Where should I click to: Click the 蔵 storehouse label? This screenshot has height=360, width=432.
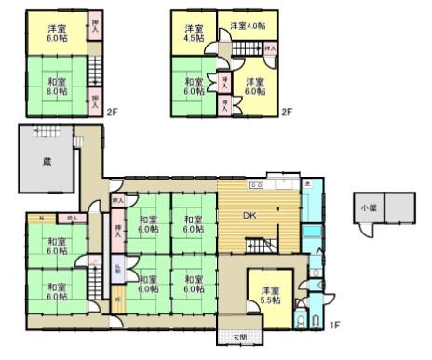pyautogui.click(x=47, y=161)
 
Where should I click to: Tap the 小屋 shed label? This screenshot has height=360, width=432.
pyautogui.click(x=370, y=207)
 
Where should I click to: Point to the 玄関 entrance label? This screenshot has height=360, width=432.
pyautogui.click(x=240, y=337)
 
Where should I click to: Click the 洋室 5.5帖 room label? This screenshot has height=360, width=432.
pyautogui.click(x=270, y=295)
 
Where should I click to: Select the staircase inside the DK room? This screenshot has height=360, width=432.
pyautogui.click(x=260, y=245)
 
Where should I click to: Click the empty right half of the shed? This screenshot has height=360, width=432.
pyautogui.click(x=399, y=207)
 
